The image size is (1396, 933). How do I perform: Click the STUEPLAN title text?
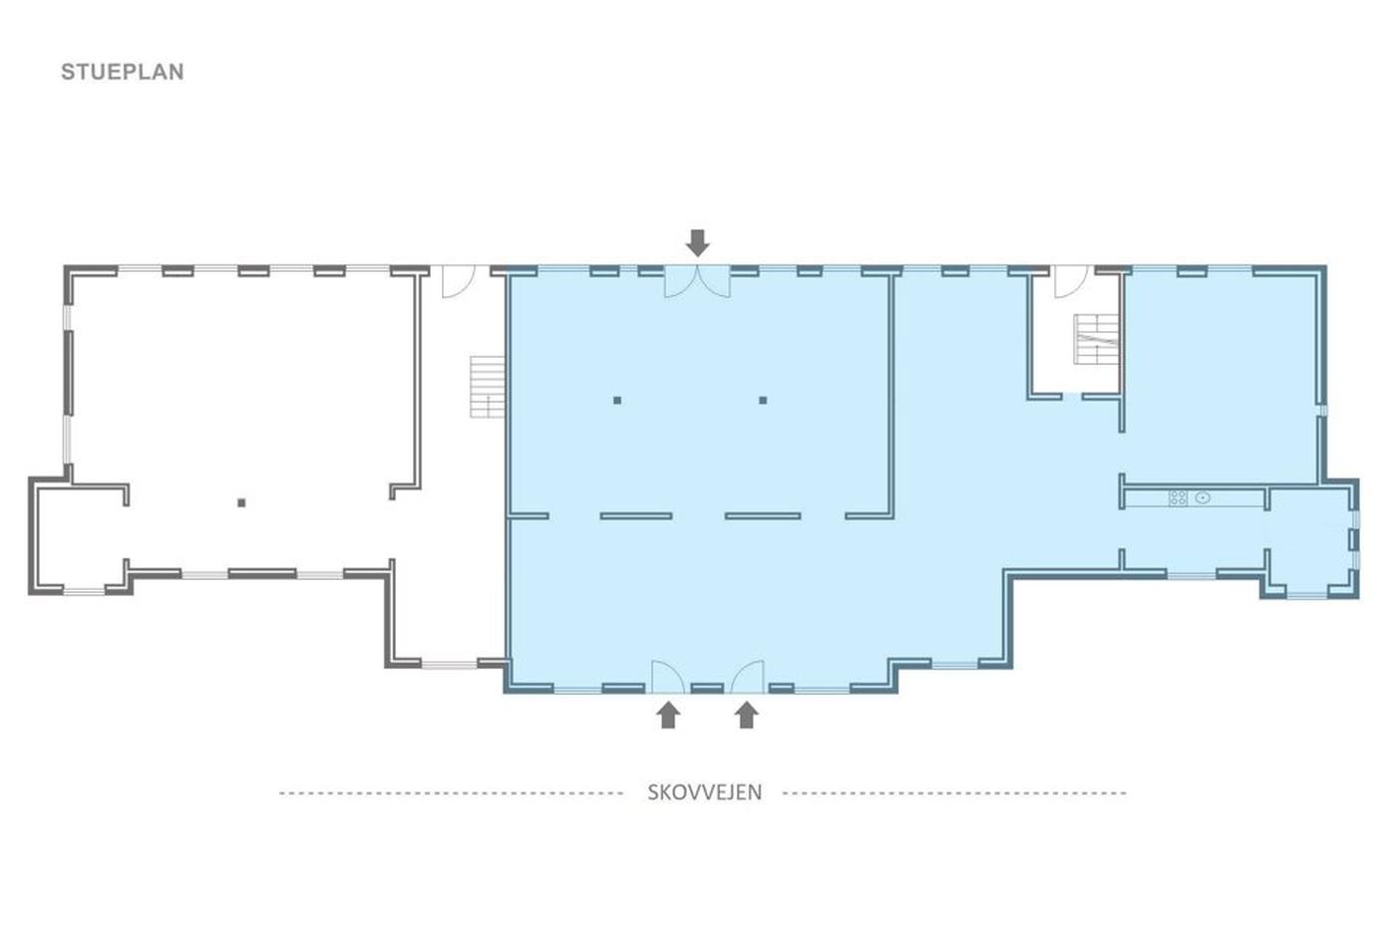[x=122, y=72]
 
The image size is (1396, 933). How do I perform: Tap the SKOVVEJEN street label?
[x=704, y=792]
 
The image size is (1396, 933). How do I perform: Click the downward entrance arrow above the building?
[x=697, y=243]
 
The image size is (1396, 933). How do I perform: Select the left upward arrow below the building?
[x=668, y=715]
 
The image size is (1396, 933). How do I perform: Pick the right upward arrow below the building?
[x=746, y=715]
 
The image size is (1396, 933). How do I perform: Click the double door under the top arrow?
[x=697, y=281]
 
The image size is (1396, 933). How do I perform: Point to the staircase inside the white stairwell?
[x=1096, y=339]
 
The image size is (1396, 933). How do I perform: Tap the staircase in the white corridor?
[x=487, y=386]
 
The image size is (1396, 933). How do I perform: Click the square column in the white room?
[x=241, y=502]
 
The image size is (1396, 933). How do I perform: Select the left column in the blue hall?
[x=617, y=400]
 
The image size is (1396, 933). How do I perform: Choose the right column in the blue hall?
[x=763, y=400]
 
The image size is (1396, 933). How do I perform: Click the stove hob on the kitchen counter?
[x=1178, y=497]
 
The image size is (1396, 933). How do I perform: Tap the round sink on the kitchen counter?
[x=1203, y=497]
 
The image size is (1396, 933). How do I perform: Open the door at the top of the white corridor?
[x=459, y=281]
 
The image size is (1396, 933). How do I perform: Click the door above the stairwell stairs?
[x=1071, y=281]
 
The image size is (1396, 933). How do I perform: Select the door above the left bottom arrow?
[x=668, y=677]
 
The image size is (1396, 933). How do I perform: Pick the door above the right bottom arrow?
[x=747, y=677]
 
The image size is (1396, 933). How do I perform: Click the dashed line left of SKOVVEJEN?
[x=451, y=793]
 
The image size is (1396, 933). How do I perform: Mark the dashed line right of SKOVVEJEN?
[x=954, y=793]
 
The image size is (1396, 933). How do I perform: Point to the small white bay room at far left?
[x=80, y=537]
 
